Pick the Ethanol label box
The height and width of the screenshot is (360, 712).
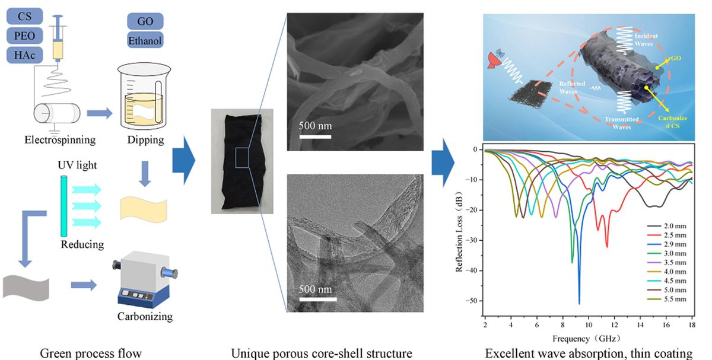coord(145,40)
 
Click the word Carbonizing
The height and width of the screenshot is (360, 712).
coord(145,317)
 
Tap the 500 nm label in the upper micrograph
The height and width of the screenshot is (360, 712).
coord(315,126)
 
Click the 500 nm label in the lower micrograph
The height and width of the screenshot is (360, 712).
coord(314,290)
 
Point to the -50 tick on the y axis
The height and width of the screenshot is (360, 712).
coord(474,301)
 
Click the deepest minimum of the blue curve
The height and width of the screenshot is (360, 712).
coord(579,303)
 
